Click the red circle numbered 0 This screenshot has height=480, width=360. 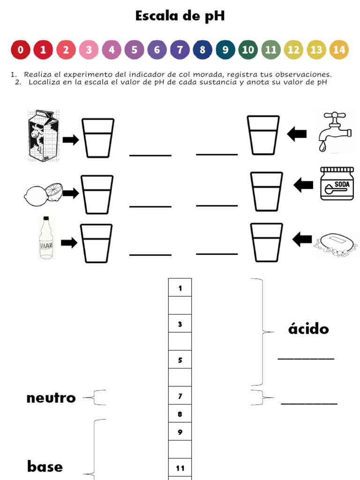(x=20, y=50)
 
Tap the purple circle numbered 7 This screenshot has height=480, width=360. (x=180, y=50)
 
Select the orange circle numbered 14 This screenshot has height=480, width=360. (x=339, y=50)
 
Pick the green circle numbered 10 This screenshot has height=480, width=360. (x=248, y=50)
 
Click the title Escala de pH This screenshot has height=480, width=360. (x=180, y=16)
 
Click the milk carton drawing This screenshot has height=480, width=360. (x=43, y=135)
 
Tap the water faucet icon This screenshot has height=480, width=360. (x=334, y=131)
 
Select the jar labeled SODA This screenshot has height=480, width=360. (x=337, y=184)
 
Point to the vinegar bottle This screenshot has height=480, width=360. (x=46, y=238)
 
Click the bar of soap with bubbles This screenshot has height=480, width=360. (x=335, y=244)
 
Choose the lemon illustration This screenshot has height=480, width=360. (x=43, y=194)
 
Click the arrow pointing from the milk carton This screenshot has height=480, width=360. (x=71, y=140)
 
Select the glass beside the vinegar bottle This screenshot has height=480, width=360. (x=96, y=243)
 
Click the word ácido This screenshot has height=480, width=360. (x=308, y=329)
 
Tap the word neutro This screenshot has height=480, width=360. (x=51, y=398)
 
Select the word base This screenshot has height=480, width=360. (x=45, y=466)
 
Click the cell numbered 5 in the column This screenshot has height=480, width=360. (x=180, y=360)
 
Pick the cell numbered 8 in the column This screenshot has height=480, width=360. (x=180, y=414)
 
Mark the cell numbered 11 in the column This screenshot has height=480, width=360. (x=180, y=468)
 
